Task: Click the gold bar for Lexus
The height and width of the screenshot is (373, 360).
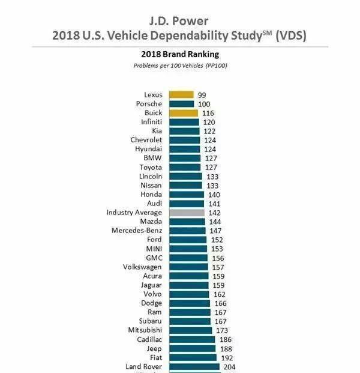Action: (181, 95)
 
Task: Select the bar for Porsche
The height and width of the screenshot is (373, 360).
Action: (181, 104)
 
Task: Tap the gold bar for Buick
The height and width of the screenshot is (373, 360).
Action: (183, 113)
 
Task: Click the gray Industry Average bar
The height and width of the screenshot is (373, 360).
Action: (187, 213)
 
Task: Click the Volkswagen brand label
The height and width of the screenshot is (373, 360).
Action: (142, 267)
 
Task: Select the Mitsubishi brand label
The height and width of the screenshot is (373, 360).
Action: (145, 330)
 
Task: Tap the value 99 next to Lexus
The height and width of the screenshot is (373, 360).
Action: (202, 95)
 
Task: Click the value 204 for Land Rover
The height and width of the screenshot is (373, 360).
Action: (230, 366)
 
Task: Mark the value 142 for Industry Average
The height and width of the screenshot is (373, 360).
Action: (215, 213)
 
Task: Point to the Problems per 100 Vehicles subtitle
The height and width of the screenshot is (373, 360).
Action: (180, 65)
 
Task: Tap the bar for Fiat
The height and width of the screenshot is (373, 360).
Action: (193, 357)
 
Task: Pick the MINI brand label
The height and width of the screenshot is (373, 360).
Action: (152, 249)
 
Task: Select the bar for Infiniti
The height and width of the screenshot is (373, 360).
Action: (184, 122)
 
